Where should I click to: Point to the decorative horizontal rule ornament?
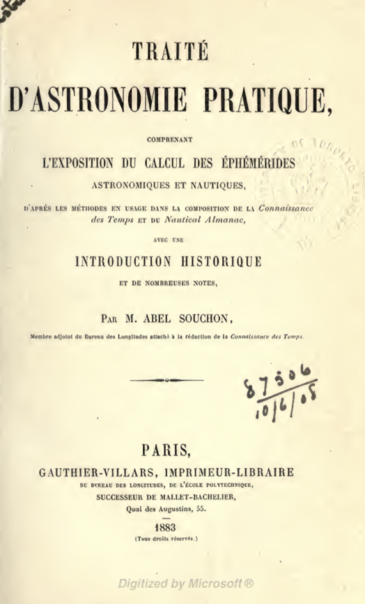click(167, 379)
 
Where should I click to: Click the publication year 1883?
click(184, 528)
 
